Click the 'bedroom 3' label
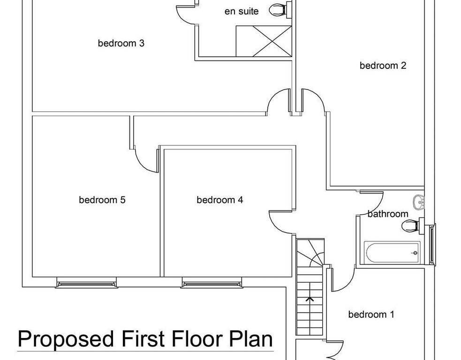pos(121,43)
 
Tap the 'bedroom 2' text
pos(383,65)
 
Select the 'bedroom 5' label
pos(102,200)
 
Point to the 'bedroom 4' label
pos(220,200)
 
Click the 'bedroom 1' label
pos(371,315)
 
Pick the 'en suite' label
pos(242,11)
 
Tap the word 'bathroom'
pos(388,214)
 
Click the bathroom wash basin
pos(419,202)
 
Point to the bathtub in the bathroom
pos(392,253)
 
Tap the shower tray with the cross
pos(264,41)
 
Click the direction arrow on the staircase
pos(310,300)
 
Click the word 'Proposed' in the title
pos(66,339)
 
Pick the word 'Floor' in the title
pos(198,338)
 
